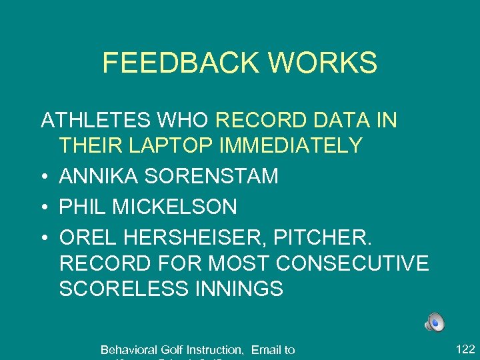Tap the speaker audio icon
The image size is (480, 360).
tap(435, 322)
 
